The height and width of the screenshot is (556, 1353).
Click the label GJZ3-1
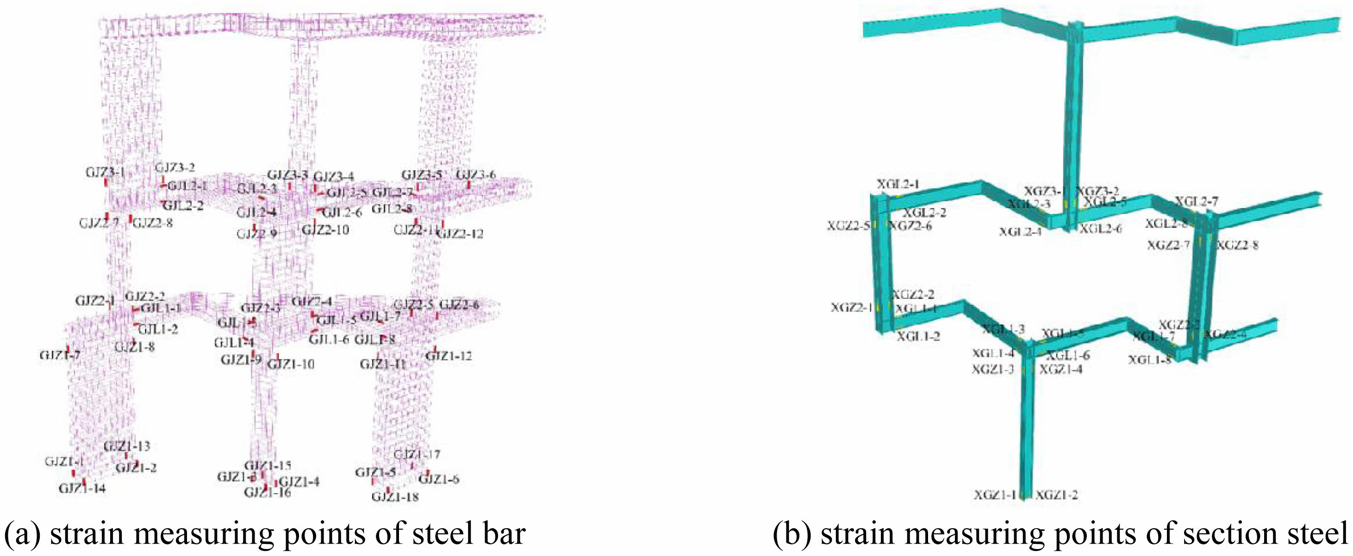(x=105, y=172)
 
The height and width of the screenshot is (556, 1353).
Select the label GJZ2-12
(x=460, y=234)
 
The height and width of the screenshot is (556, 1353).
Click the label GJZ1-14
(x=82, y=489)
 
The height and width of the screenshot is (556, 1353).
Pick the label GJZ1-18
(x=395, y=497)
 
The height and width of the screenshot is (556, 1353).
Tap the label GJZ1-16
(x=268, y=493)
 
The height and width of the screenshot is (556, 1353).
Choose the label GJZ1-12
(x=449, y=356)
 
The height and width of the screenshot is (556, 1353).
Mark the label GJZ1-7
(x=60, y=355)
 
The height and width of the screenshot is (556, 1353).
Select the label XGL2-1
(x=898, y=184)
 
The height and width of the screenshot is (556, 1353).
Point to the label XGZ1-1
(x=995, y=494)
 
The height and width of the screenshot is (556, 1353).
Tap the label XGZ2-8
(x=1237, y=245)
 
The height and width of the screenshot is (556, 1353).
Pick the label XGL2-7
(x=1196, y=201)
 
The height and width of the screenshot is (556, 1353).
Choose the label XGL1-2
(x=918, y=336)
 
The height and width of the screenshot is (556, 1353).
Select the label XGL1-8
(x=1150, y=360)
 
